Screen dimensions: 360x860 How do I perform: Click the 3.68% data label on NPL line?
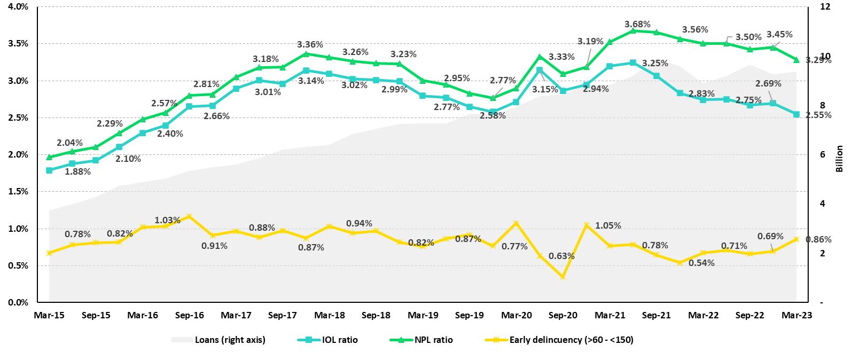coord(637,24)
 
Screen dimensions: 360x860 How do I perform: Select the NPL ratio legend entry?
coord(433,340)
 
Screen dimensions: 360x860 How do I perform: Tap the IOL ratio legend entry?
coord(340,340)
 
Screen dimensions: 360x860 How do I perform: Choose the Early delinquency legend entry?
coord(571,340)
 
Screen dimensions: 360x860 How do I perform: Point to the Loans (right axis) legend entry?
coord(230,340)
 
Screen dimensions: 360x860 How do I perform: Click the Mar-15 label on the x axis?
coord(49,315)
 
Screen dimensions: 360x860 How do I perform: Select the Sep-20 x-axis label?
coord(563,315)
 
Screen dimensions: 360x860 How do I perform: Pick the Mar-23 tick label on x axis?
coord(797,315)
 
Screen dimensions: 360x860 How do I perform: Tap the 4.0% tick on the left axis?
coord(18,6)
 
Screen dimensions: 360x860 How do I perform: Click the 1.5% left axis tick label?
coord(18,191)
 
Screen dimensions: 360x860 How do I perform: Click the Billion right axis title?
coord(839,159)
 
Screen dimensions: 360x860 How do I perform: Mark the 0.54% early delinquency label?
coord(701,263)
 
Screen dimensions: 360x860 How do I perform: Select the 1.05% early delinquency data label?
coord(608,225)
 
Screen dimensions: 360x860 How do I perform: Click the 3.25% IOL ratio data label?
coord(655,63)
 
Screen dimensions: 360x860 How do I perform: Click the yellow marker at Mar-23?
coord(796,239)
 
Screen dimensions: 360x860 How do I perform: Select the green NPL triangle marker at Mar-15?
coord(49,157)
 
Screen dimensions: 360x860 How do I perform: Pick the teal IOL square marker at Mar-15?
coord(49,170)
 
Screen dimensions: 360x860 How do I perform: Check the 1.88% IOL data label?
coord(77,171)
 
